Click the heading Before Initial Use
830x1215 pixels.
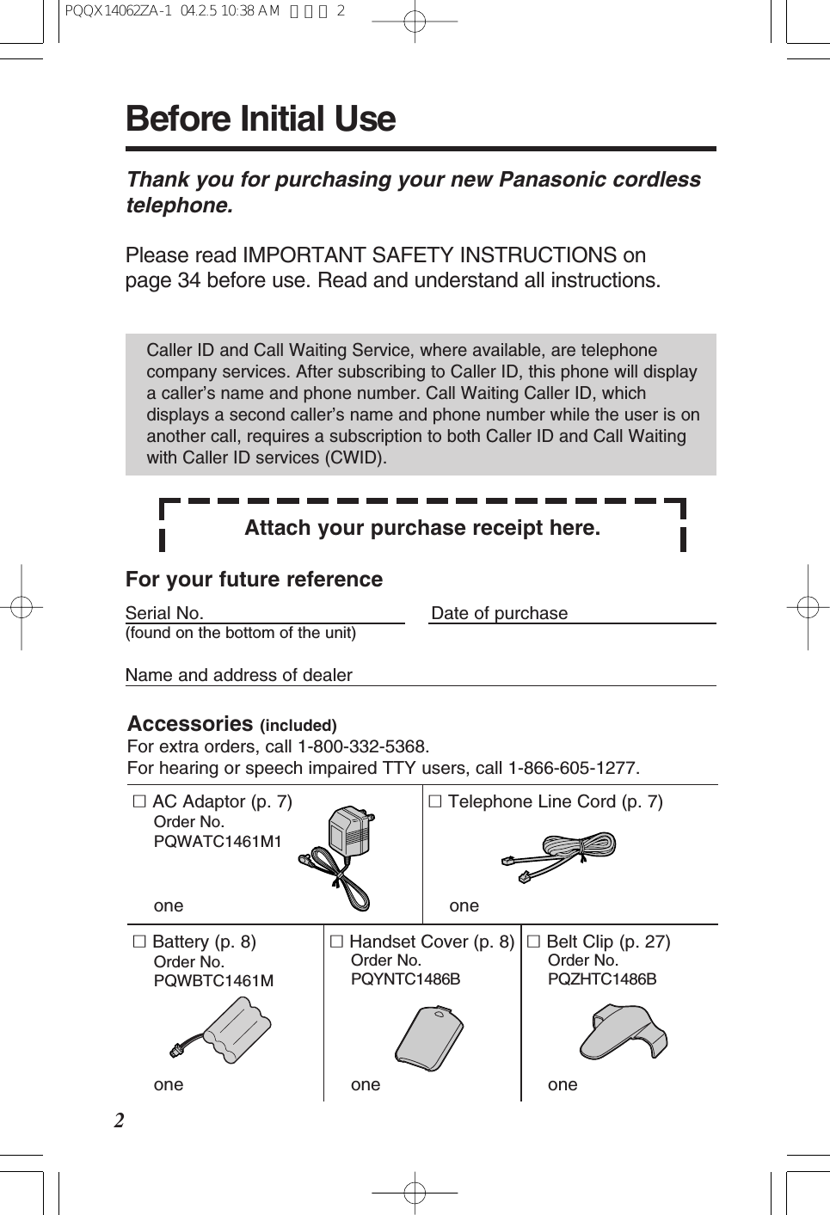[x=260, y=120]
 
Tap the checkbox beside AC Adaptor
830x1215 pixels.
[x=139, y=801]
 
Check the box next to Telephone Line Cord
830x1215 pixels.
[x=435, y=801]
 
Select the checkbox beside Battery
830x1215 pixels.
[x=139, y=942]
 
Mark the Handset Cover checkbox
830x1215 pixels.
[x=336, y=942]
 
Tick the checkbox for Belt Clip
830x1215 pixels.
[x=533, y=942]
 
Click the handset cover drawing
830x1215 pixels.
[x=429, y=1038]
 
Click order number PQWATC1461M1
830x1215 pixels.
[x=218, y=842]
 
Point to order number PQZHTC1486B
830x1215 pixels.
[x=602, y=979]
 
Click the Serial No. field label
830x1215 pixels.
[x=164, y=613]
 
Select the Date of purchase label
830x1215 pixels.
[x=499, y=613]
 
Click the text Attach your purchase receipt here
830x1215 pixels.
[x=422, y=528]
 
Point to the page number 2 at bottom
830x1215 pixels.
[x=120, y=1120]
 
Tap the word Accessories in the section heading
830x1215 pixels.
[x=190, y=724]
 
